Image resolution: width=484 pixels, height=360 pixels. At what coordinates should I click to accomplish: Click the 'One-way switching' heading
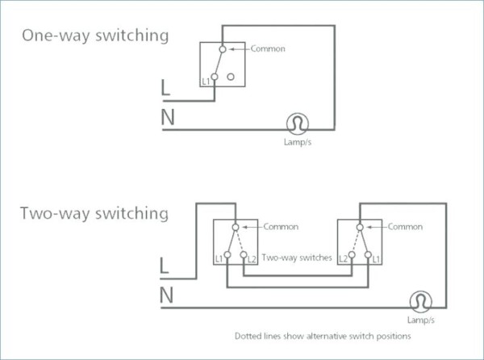tap(95, 36)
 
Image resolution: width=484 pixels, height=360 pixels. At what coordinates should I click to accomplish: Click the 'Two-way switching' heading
tap(94, 213)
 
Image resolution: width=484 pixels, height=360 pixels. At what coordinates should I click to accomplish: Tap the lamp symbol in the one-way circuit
tap(298, 123)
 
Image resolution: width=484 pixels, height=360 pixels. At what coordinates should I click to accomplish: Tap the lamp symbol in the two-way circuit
tap(421, 302)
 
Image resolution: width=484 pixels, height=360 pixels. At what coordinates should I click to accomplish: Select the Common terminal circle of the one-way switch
tap(223, 49)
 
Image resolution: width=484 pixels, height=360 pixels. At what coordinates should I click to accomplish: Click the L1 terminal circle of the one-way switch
tap(215, 77)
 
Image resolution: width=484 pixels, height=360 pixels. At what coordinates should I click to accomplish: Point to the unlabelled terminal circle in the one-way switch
tap(231, 77)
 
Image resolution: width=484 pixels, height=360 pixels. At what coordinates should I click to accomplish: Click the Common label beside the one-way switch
tap(268, 48)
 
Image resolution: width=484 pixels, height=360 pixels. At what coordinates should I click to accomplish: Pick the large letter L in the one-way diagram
tap(165, 87)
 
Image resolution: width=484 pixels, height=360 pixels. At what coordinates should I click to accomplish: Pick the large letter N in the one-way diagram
tap(168, 117)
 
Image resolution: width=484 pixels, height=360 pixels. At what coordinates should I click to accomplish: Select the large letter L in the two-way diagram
tap(165, 266)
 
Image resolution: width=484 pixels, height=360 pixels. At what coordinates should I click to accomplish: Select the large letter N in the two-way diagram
tap(167, 295)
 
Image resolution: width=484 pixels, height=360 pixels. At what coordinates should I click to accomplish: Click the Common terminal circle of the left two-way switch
tap(236, 228)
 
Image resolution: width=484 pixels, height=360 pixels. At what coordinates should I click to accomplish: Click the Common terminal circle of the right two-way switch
tap(360, 228)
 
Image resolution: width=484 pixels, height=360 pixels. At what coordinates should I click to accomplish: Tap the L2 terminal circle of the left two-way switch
tap(244, 255)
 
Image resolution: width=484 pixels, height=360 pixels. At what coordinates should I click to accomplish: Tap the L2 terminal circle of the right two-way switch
tap(352, 255)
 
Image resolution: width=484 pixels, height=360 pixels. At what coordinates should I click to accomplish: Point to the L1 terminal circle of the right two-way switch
tap(368, 255)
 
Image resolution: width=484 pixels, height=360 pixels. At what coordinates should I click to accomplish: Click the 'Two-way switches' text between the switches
tap(297, 257)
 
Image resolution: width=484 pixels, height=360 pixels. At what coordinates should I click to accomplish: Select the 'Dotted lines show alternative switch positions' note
tap(323, 336)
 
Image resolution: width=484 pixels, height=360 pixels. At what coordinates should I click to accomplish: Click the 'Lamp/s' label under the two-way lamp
tap(421, 320)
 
